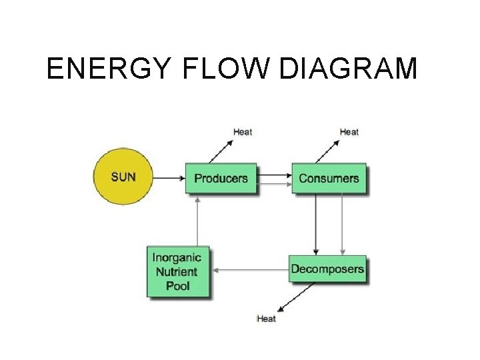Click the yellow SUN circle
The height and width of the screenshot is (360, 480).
click(123, 177)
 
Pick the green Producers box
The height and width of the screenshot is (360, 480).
click(221, 178)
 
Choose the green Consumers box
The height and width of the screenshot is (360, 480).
click(329, 178)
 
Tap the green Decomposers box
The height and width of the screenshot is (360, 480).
click(327, 269)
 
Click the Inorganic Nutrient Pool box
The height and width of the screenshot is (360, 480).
click(177, 271)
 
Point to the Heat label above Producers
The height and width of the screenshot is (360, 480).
click(243, 132)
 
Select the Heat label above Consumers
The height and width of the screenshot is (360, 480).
click(349, 132)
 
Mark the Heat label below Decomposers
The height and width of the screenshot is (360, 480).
click(266, 319)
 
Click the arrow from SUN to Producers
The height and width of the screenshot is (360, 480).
click(169, 178)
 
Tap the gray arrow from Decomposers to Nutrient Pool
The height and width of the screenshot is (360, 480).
click(253, 270)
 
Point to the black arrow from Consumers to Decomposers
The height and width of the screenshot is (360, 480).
click(316, 224)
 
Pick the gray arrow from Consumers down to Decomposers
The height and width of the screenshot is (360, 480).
click(342, 224)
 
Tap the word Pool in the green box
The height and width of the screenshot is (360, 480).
click(177, 286)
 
